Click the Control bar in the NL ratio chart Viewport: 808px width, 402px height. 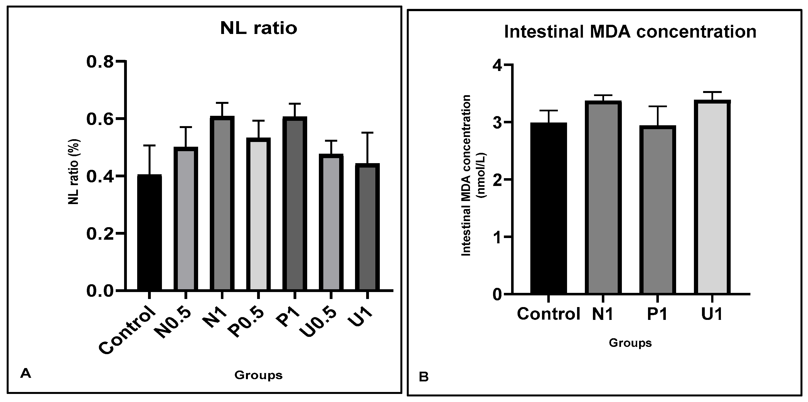(150, 232)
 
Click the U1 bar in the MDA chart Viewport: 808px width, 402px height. (712, 198)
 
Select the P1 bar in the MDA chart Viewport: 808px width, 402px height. (657, 210)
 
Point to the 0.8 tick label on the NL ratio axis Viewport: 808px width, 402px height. (100, 62)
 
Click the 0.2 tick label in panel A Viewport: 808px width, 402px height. (100, 234)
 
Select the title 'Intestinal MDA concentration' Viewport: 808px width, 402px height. (630, 32)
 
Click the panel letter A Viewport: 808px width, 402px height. (25, 373)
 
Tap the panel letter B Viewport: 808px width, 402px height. (423, 377)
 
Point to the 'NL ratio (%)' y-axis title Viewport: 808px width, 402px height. (74, 172)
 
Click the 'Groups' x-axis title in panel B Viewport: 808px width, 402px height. (630, 343)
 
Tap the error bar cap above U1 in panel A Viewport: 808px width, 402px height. (367, 133)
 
